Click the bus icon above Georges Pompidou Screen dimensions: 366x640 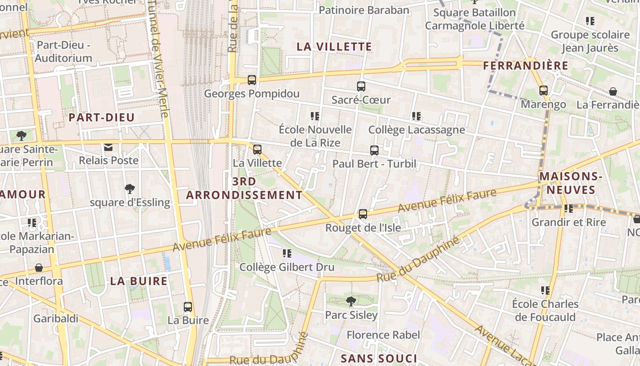(x=251, y=80)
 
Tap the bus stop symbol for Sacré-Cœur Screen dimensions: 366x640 (x=361, y=86)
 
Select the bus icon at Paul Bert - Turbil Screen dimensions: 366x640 (x=374, y=150)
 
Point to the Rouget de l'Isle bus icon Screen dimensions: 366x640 (x=363, y=214)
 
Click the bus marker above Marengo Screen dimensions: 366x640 (x=543, y=91)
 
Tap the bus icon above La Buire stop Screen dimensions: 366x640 (x=188, y=307)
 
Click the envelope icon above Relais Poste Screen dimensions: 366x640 (x=108, y=147)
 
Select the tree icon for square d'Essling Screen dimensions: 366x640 (x=130, y=188)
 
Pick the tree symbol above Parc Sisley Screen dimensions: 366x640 (x=351, y=301)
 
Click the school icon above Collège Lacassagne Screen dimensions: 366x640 (x=416, y=116)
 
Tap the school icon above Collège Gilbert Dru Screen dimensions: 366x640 (x=287, y=253)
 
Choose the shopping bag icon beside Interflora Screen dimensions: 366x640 (x=39, y=268)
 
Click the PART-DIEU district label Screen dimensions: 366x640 (x=101, y=118)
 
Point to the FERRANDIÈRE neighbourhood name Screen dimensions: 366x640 (x=526, y=66)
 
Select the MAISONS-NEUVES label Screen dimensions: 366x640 (x=571, y=183)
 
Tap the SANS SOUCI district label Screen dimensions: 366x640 (x=379, y=358)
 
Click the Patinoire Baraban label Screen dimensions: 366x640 (x=364, y=10)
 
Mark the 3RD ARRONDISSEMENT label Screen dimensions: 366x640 (x=244, y=188)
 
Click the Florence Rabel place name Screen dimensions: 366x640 (x=383, y=335)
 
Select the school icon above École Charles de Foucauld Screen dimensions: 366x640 (x=545, y=291)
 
